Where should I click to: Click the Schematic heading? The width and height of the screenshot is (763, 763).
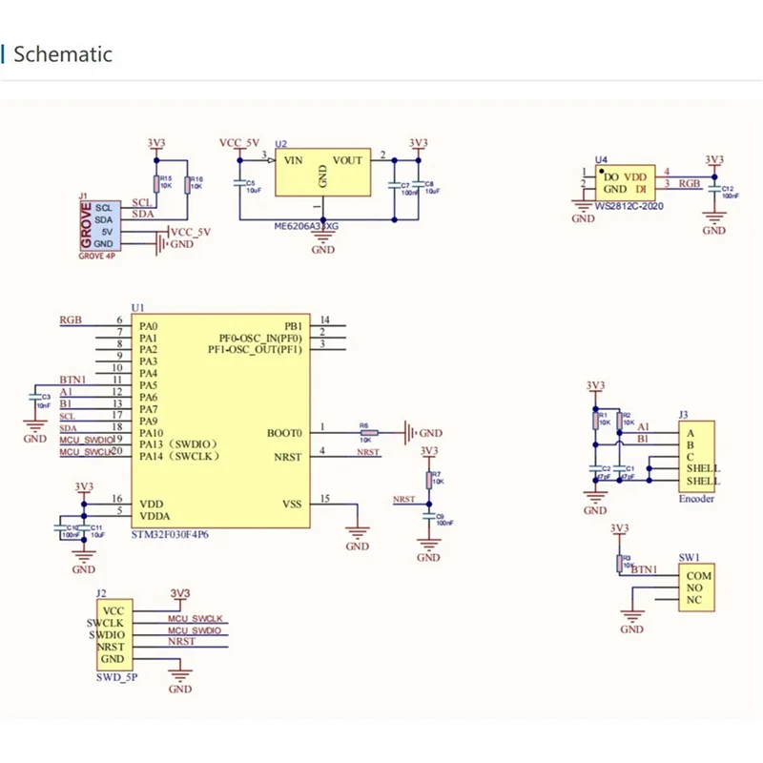pos(62,54)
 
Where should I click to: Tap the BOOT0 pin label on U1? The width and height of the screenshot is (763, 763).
pos(285,433)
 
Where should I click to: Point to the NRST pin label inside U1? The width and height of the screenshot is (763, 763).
pos(286,457)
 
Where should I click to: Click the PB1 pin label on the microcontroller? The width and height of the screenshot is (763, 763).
pos(292,326)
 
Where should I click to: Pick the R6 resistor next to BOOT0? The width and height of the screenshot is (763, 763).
pos(367,432)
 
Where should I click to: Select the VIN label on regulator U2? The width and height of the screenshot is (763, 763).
pos(294,160)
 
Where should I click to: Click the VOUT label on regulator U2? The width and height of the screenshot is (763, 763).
pos(346,160)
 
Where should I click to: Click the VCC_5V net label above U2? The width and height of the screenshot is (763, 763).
pos(239,142)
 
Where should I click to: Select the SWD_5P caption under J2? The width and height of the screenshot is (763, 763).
pos(115,677)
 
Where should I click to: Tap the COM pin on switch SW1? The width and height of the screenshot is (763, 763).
pos(698,576)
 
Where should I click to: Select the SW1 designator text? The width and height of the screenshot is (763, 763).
pos(690,557)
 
